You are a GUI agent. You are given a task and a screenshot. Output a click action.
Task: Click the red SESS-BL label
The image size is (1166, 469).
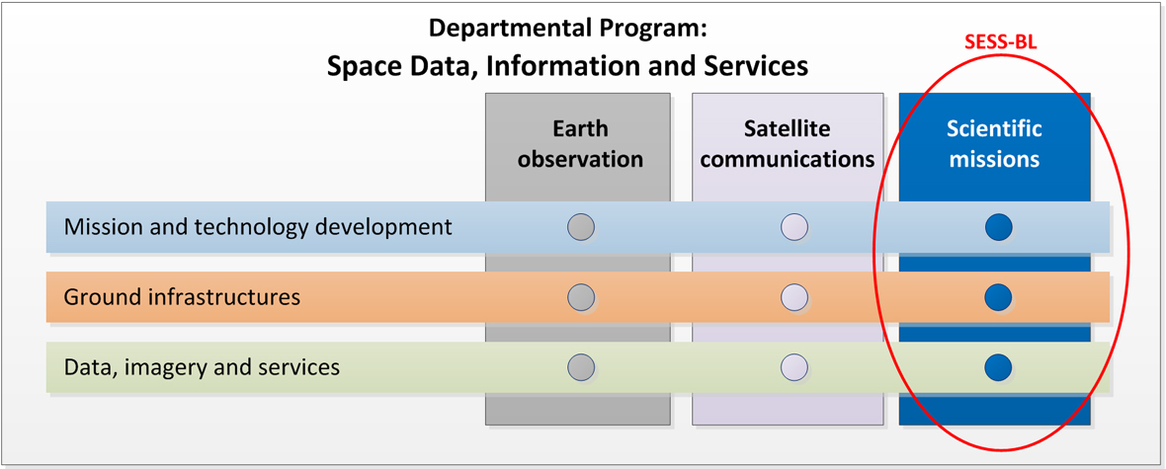1000,43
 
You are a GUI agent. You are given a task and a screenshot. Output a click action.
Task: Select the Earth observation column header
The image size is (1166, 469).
580,143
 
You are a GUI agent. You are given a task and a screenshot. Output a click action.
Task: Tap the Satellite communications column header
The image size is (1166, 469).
788,143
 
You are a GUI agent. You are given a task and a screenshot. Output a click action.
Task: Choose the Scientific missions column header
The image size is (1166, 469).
994,143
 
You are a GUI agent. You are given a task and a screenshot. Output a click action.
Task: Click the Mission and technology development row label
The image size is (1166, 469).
258,227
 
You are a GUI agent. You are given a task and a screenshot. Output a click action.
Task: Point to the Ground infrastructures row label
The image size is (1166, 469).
182,297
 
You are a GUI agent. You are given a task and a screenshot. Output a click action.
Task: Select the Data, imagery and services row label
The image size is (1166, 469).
202,367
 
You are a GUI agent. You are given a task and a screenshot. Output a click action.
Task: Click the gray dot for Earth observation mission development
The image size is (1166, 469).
581,227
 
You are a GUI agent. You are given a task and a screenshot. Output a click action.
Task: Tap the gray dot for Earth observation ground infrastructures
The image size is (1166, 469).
581,297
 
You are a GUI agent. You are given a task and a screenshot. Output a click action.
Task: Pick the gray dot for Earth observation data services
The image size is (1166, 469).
581,367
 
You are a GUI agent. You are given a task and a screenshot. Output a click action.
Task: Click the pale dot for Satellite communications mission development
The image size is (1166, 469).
794,227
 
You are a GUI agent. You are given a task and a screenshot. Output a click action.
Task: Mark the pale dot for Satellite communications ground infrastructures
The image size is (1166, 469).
794,297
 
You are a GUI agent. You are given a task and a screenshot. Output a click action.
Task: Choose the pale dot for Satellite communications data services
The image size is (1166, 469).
794,367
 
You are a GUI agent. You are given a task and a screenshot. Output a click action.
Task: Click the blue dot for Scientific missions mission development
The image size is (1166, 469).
999,227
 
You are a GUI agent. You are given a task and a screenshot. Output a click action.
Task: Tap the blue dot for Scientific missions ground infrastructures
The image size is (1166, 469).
999,297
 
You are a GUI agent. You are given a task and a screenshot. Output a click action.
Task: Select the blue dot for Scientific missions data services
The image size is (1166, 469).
999,367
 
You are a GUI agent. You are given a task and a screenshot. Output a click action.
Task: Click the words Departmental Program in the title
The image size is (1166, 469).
567,30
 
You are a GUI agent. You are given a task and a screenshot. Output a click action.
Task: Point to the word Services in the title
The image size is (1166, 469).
756,66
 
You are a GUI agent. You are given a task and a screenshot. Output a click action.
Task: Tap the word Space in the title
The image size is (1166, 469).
363,66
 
